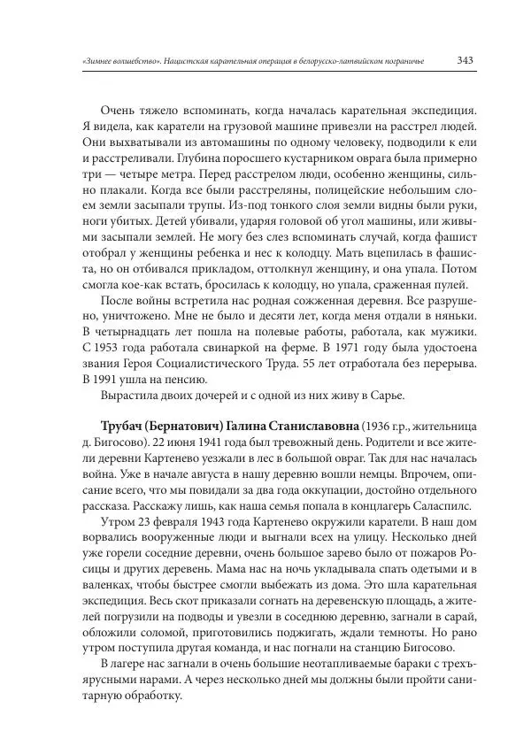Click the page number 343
click(466, 61)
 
